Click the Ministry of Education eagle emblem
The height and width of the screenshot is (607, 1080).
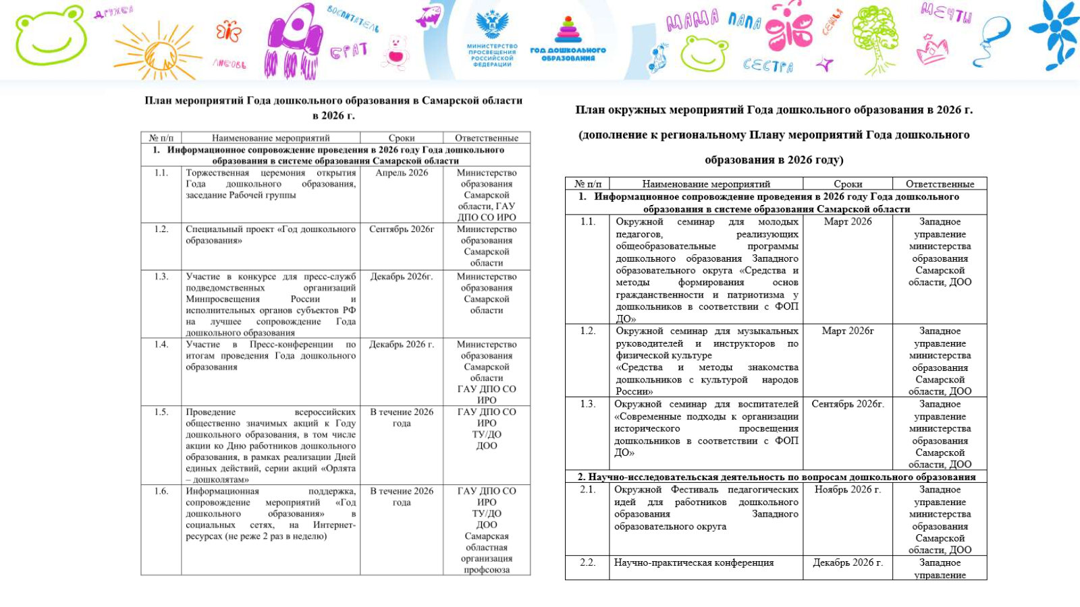tap(492, 24)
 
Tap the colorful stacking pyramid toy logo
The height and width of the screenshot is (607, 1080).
tap(568, 30)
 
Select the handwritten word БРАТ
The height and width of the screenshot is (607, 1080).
tap(348, 51)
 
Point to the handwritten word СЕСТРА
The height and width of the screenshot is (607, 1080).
tap(767, 65)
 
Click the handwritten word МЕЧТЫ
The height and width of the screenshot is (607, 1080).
tap(946, 12)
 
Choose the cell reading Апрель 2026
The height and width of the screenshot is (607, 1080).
tap(402, 173)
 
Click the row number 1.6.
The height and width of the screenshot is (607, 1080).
tap(161, 491)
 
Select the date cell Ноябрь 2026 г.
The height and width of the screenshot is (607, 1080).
tap(847, 490)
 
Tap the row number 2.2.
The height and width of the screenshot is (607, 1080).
tap(587, 562)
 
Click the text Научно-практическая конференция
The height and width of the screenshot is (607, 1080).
tap(693, 562)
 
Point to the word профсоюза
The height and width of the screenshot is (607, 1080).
tap(487, 570)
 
